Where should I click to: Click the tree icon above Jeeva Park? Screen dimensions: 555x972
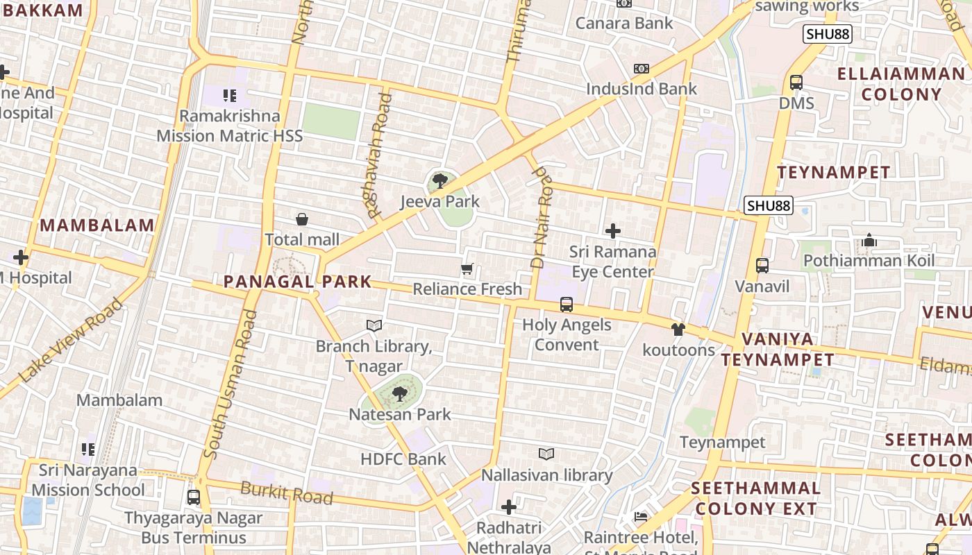(x=439, y=182)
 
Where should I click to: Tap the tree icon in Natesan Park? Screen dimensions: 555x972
(x=399, y=394)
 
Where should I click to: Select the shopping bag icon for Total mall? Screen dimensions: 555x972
(x=302, y=220)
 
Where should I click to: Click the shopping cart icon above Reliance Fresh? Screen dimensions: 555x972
(x=467, y=268)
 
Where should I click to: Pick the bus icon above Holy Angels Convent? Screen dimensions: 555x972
(x=567, y=305)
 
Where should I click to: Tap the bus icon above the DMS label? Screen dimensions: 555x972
(x=796, y=83)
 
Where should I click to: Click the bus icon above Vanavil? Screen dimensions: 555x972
(x=762, y=266)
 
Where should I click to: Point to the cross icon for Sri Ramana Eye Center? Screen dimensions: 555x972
(x=613, y=231)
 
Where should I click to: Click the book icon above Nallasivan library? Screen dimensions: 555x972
(x=546, y=454)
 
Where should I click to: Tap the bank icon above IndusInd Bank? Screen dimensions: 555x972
(x=642, y=69)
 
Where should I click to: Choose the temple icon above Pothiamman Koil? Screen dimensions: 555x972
(x=869, y=241)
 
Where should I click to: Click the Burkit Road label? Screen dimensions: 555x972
(x=287, y=493)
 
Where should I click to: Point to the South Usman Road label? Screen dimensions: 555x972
(x=232, y=385)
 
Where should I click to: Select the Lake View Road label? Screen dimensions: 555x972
(x=71, y=341)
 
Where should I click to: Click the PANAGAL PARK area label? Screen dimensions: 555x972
(x=297, y=282)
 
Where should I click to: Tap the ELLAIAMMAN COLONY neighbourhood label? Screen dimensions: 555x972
(x=900, y=84)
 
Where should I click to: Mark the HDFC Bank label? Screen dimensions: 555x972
(x=403, y=459)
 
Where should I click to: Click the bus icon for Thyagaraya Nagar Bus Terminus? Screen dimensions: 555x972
(x=194, y=497)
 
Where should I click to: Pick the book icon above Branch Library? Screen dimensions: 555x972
(x=374, y=325)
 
